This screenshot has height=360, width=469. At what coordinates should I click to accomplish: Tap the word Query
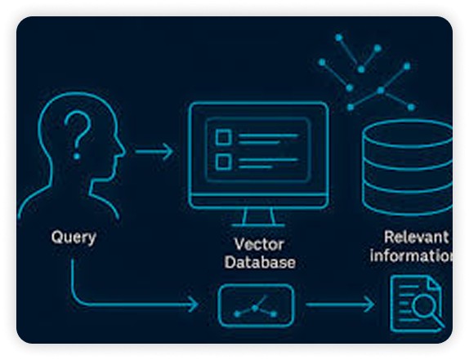[74, 238]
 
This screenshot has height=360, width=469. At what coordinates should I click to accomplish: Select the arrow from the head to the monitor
[154, 152]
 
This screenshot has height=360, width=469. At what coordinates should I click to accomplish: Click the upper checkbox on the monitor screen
[223, 137]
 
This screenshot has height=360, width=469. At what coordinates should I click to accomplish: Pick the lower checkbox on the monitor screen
[223, 162]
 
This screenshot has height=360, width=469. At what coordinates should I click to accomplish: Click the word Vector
[259, 244]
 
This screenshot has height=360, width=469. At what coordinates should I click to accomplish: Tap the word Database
[260, 263]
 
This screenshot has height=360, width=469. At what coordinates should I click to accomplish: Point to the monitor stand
[258, 217]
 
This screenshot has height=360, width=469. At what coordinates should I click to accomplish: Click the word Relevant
[417, 238]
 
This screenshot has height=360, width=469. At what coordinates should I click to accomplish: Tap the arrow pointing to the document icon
[340, 304]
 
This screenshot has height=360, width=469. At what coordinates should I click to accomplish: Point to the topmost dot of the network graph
[338, 38]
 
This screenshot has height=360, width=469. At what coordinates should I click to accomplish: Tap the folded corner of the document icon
[435, 283]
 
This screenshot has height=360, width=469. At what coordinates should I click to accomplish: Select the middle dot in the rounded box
[255, 308]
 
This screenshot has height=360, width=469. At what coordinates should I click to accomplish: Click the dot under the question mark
[77, 156]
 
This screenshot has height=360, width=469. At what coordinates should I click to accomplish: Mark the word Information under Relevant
[411, 256]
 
